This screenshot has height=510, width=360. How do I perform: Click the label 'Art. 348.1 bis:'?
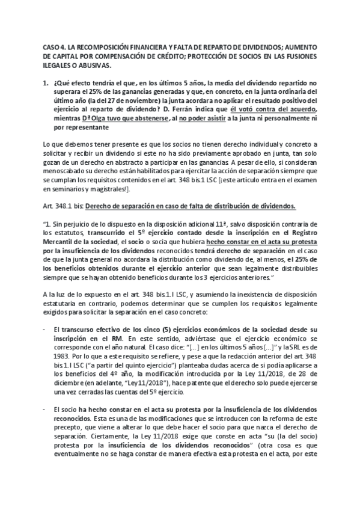pos(63,206)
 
